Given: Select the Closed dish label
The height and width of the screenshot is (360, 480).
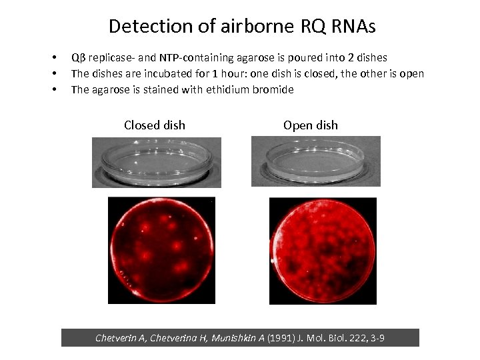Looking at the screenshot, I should [x=155, y=125].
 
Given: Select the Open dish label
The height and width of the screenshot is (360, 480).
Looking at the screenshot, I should [x=311, y=125].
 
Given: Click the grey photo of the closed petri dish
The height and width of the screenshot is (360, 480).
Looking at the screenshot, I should [x=157, y=162].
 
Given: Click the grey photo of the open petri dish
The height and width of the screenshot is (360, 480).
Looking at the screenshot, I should [x=315, y=162].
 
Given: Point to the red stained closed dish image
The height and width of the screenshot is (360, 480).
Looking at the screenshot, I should [x=161, y=251].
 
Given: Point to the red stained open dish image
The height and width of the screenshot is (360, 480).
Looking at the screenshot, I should [x=323, y=251].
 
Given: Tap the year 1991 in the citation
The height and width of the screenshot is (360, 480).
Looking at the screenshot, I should [x=279, y=339].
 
